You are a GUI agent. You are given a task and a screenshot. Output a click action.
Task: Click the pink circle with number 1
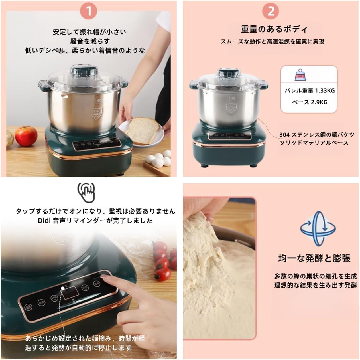[x=89, y=11]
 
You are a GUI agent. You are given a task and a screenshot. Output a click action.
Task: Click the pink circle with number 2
[x=271, y=11]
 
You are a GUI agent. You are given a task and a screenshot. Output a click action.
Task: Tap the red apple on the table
[x=26, y=135]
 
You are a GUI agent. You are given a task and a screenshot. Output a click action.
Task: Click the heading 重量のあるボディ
[x=274, y=29]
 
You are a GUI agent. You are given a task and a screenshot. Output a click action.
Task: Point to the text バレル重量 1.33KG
[x=309, y=91]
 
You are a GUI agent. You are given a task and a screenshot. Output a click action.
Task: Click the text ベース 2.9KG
[x=309, y=102]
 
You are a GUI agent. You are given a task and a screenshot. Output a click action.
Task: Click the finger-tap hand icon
[x=86, y=192]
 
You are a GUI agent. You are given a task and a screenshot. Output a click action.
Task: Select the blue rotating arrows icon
[x=318, y=228]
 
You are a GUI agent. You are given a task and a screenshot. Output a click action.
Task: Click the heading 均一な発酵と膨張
[x=314, y=258]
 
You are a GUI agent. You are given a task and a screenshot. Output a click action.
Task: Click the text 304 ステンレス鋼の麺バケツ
[x=317, y=135]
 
